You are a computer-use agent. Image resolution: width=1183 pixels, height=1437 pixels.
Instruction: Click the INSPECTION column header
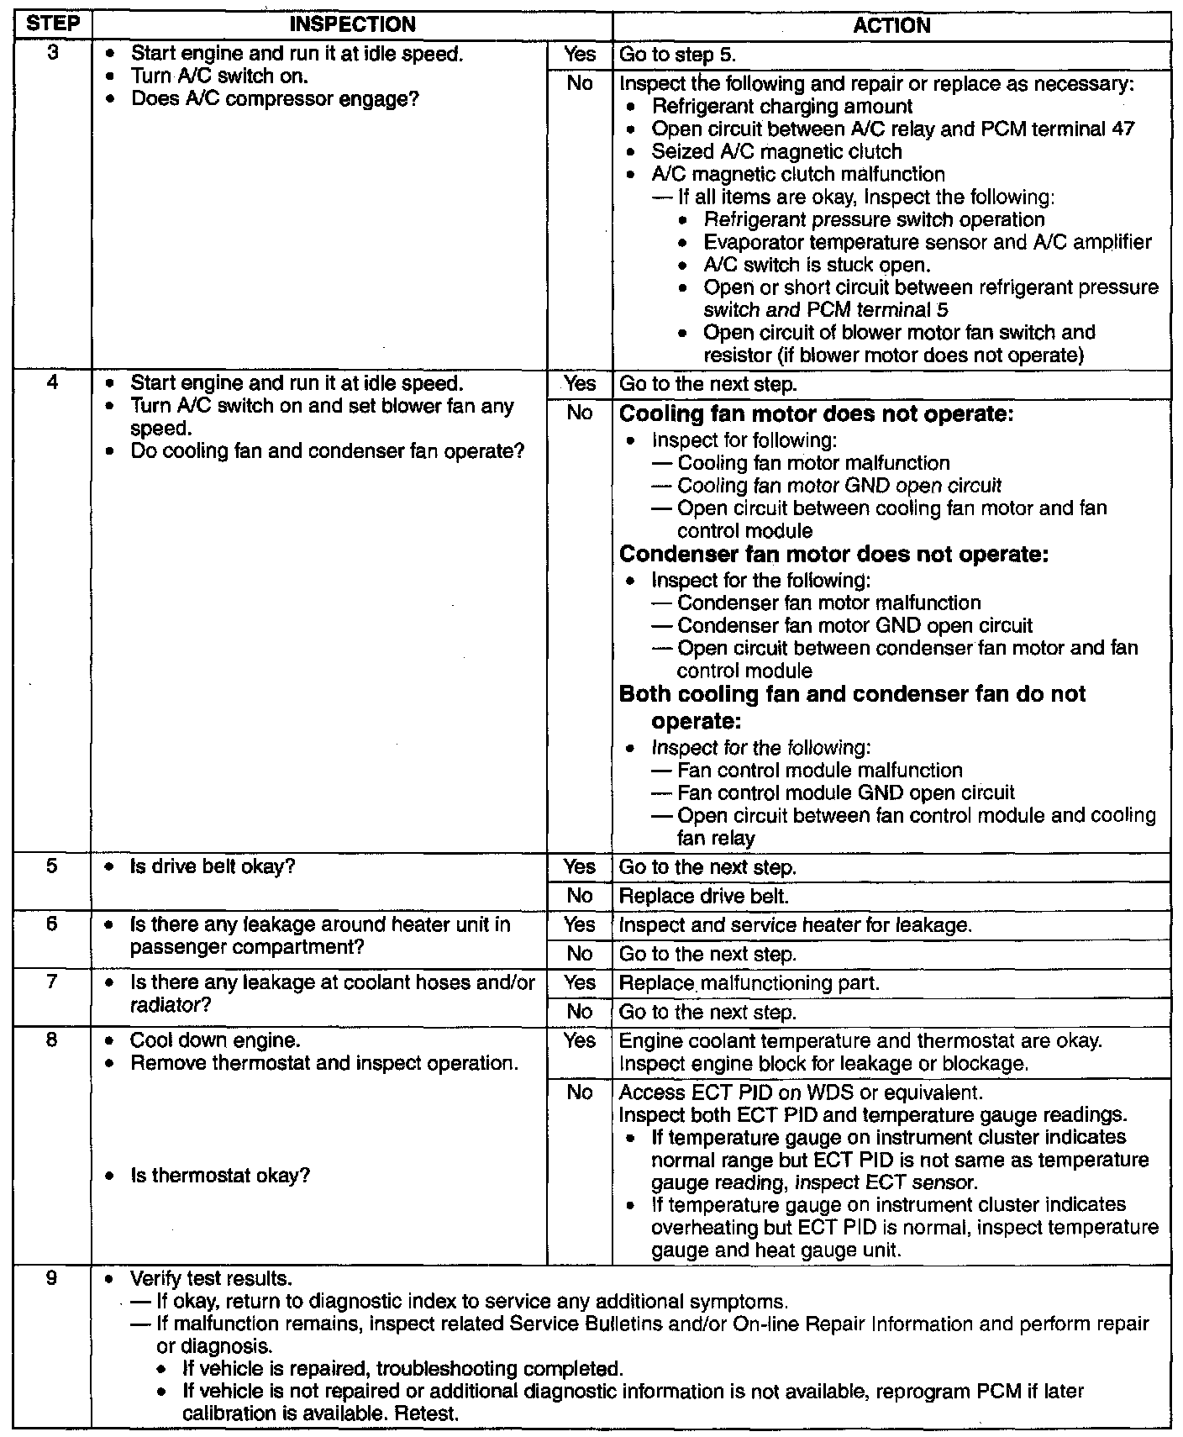pos(352,24)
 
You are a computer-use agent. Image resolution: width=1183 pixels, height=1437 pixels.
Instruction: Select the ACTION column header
pos(891,25)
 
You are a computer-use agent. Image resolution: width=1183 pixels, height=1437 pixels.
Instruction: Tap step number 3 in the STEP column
pos(51,55)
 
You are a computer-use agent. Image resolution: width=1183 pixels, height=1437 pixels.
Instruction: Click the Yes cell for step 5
pos(580,867)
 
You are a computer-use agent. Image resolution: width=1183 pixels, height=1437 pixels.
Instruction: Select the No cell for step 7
pos(580,1012)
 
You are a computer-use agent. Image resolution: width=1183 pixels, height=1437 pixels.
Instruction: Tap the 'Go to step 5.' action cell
pos(677,55)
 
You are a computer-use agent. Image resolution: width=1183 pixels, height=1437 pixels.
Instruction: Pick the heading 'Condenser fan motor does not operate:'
pos(833,555)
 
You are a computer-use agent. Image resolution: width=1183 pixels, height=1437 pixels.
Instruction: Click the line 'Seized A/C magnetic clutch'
pos(776,152)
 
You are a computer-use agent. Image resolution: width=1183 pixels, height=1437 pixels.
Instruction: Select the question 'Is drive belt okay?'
pos(213,866)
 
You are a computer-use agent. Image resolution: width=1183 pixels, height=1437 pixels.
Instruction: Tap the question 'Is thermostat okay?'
pos(220,1175)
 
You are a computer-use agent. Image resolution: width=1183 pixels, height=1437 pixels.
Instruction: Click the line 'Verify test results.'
pos(211,1279)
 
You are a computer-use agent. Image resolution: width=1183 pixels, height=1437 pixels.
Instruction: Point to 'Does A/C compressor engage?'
pos(276,99)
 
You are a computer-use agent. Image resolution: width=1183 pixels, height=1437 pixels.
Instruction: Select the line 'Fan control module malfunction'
pos(820,771)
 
